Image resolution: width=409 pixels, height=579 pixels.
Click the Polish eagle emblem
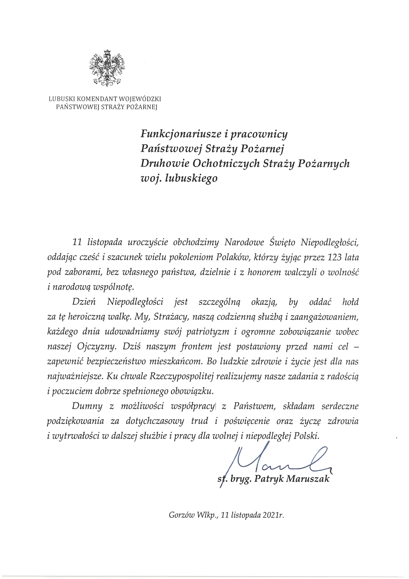(x=107, y=68)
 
